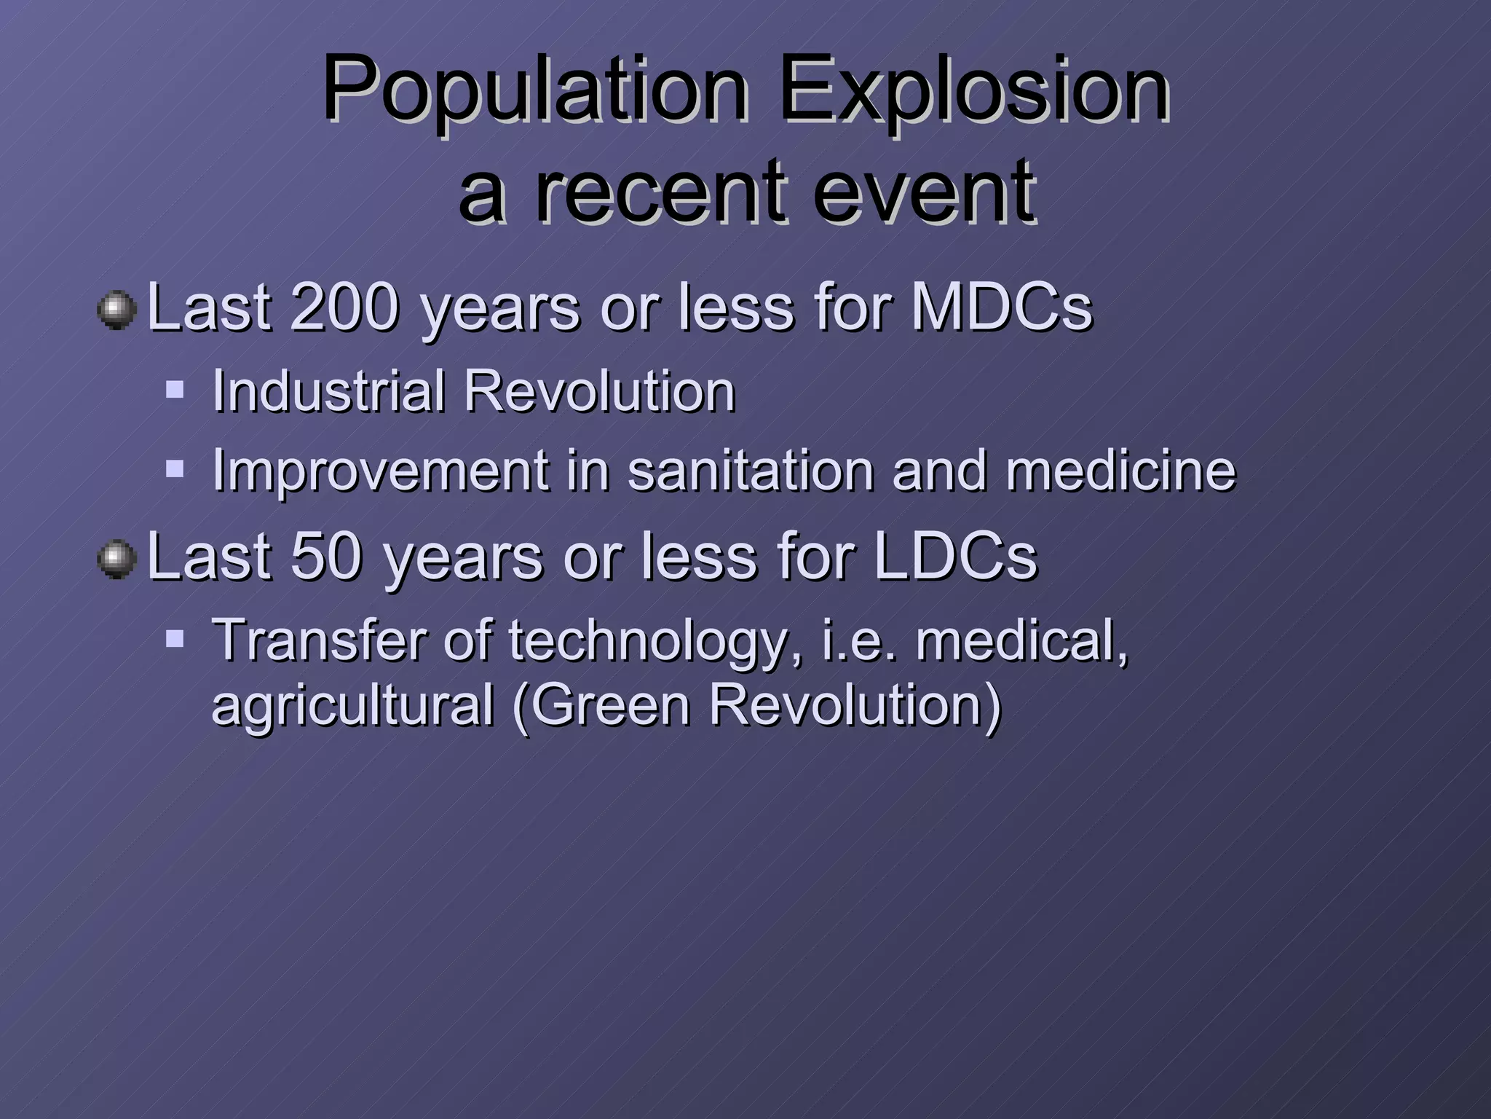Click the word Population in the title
(x=535, y=91)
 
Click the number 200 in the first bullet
(x=344, y=307)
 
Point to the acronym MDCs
(x=1002, y=307)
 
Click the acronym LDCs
(x=955, y=557)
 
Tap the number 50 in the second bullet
(x=326, y=557)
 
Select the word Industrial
(x=328, y=391)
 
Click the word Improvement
(x=380, y=471)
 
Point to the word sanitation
(x=750, y=471)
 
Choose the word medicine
(x=1120, y=471)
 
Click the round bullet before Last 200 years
(x=116, y=310)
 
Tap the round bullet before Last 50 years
(x=116, y=559)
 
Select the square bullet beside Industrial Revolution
(x=175, y=389)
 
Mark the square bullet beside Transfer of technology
(x=175, y=639)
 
